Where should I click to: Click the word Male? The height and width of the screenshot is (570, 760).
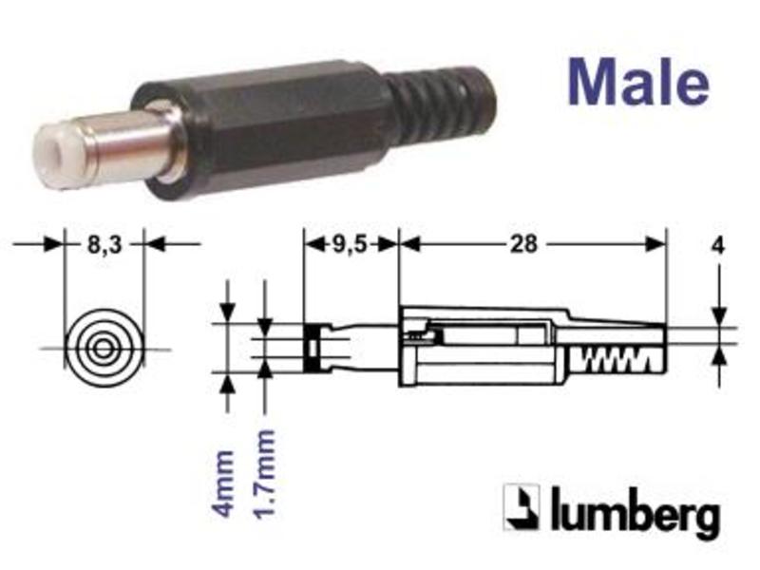638,83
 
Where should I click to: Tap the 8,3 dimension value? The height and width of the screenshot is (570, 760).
104,245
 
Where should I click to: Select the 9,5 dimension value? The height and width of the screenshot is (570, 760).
350,245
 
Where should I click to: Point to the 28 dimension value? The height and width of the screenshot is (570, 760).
524,244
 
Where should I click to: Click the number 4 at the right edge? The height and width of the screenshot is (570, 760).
718,246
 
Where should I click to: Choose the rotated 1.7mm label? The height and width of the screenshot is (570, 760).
265,474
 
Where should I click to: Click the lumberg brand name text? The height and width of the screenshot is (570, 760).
635,511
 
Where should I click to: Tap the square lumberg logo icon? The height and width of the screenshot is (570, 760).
522,507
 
